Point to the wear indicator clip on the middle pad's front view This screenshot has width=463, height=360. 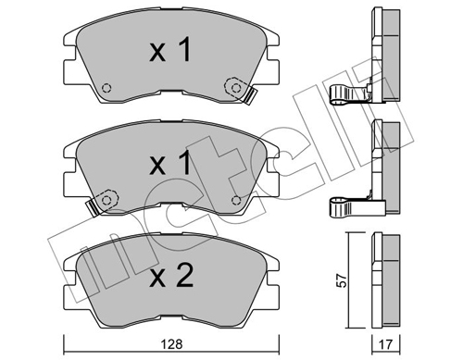tap(89, 205)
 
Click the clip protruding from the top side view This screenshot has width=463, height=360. tap(347, 94)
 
